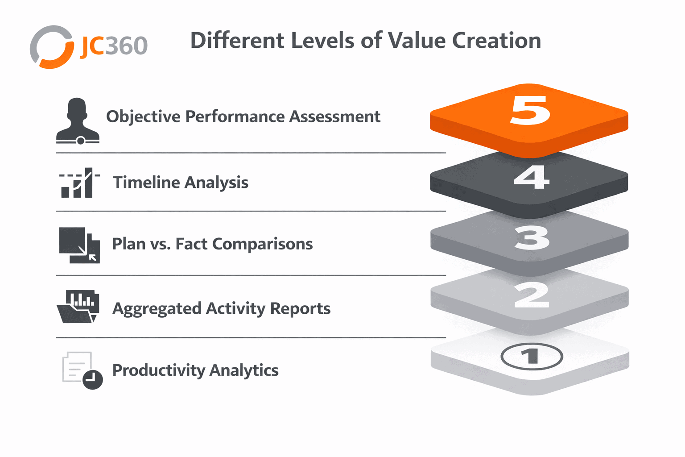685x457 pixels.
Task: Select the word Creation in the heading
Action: [x=497, y=41]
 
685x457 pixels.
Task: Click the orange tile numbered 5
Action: [x=529, y=121]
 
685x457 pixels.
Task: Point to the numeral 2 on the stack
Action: [x=532, y=295]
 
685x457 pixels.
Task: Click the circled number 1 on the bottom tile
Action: [x=532, y=356]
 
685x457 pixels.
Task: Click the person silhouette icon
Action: [x=78, y=120]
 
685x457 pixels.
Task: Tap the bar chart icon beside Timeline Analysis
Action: [x=79, y=183]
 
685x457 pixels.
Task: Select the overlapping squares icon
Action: [x=79, y=245]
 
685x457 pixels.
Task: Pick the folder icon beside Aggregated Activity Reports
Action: [x=78, y=307]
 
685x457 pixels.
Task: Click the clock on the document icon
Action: [x=93, y=379]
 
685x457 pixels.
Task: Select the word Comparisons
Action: [x=262, y=244]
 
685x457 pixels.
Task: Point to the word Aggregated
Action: [x=157, y=308]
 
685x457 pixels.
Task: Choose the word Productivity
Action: [x=159, y=370]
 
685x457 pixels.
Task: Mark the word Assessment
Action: [x=335, y=116]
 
